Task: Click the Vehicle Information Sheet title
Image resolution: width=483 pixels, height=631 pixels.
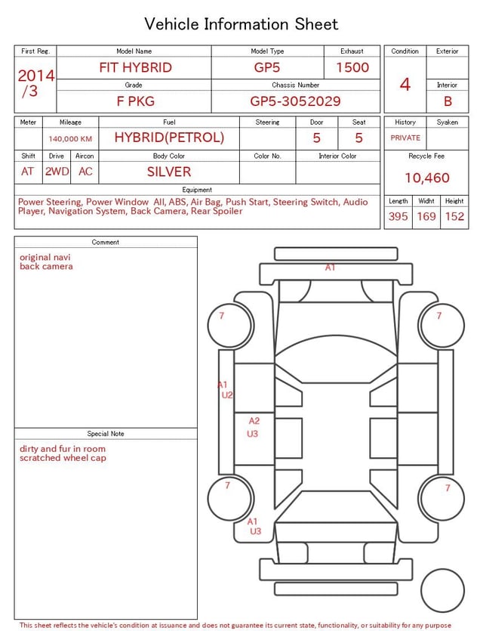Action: click(x=241, y=24)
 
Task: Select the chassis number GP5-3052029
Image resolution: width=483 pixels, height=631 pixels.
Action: click(x=295, y=101)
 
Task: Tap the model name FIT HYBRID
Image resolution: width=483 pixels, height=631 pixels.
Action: click(x=135, y=67)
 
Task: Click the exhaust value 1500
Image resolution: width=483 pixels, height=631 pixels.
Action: click(x=352, y=67)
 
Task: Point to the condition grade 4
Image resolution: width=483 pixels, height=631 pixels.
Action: click(x=405, y=85)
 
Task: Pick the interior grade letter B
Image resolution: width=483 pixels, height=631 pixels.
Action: click(x=448, y=101)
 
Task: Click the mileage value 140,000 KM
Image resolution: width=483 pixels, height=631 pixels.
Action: click(x=70, y=139)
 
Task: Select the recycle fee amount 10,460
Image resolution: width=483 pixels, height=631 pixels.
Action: click(x=426, y=178)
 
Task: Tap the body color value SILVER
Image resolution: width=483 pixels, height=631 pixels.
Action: click(x=169, y=172)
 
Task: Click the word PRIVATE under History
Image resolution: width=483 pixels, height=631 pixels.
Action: click(x=405, y=138)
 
